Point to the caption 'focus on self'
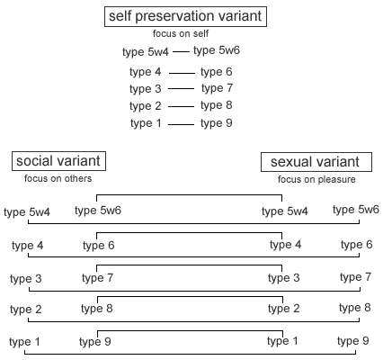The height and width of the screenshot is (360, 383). pos(181,33)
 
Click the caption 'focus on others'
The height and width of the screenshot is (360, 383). pos(58,178)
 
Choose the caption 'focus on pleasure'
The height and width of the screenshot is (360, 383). pos(316,179)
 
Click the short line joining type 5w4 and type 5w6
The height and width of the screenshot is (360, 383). pos(181,52)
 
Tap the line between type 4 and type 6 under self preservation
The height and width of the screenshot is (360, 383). pos(182,73)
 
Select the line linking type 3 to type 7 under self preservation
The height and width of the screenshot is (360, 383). pos(181,89)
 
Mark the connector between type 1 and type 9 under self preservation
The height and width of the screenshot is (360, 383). pos(181,124)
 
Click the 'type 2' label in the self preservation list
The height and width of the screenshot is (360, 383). pos(146,106)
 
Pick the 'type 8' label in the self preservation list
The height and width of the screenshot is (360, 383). pos(217,105)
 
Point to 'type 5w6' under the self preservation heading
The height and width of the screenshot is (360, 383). pos(217,50)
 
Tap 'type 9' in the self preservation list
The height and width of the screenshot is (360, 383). pos(217,123)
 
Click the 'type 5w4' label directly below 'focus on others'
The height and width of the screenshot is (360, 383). pos(27,212)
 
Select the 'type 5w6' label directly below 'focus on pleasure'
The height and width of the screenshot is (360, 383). pos(356,210)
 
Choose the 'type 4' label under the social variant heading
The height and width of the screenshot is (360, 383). pos(28,246)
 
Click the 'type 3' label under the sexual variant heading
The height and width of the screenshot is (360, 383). pos(284,278)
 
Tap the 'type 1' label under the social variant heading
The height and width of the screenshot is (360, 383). pos(24,342)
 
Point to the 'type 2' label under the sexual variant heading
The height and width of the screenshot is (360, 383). pos(284,309)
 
